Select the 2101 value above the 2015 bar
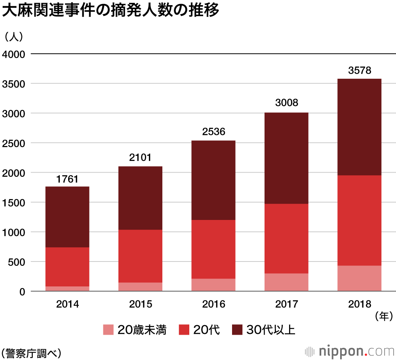tap(140, 158)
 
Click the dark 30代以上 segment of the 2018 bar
tap(360, 127)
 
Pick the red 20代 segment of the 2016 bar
tap(213, 249)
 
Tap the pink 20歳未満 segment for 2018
tap(360, 278)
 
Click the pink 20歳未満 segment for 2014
tap(67, 288)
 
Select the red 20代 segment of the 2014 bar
tap(67, 267)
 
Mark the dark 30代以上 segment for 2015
tap(140, 198)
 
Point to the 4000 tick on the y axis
tap(13, 54)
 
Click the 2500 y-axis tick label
tap(13, 143)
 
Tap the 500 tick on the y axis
tap(16, 262)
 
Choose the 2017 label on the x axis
tap(286, 304)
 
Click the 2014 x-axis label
tap(67, 304)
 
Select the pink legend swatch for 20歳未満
tap(109, 330)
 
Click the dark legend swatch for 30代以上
tap(237, 330)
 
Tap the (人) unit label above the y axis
tap(13, 36)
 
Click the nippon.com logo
tap(350, 351)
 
